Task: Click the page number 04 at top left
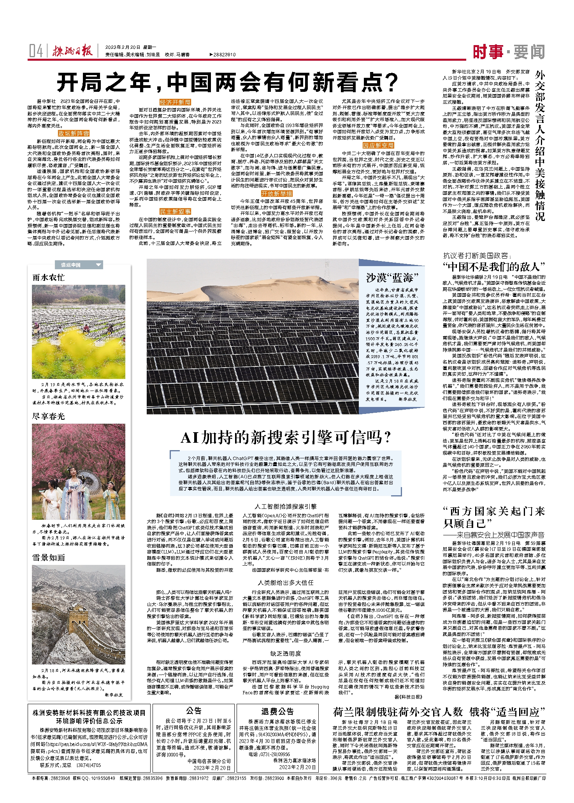pyautogui.click(x=36, y=51)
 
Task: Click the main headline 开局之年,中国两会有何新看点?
pyautogui.click(x=228, y=82)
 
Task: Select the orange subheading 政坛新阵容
pyautogui.click(x=74, y=133)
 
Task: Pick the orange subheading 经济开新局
pyautogui.click(x=175, y=102)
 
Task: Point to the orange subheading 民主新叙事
pyautogui.click(x=175, y=212)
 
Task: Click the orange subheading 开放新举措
pyautogui.click(x=276, y=194)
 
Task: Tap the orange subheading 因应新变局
pyautogui.click(x=378, y=146)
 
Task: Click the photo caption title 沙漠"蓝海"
pyautogui.click(x=392, y=278)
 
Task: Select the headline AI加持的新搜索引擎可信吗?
pyautogui.click(x=286, y=438)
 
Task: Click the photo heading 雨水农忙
pyautogui.click(x=49, y=278)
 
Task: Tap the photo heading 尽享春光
pyautogui.click(x=49, y=416)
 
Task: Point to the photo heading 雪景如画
pyautogui.click(x=49, y=558)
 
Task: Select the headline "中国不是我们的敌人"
pyautogui.click(x=494, y=267)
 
